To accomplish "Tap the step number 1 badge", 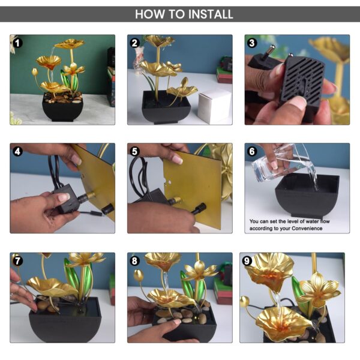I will [x=18, y=43].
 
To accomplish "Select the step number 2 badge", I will [x=136, y=43].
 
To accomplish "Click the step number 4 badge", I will [x=18, y=152].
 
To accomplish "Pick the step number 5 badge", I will [x=136, y=152].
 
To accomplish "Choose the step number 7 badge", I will [x=18, y=261].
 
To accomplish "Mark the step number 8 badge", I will [x=136, y=261].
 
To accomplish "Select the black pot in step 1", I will [x=62, y=109].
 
